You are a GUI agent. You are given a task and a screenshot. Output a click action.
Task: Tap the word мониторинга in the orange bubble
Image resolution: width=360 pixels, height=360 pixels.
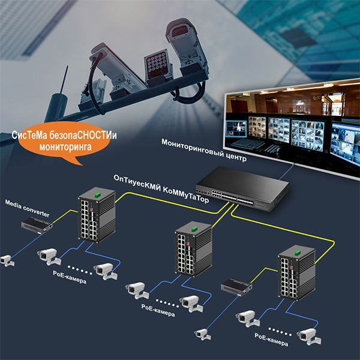(x=65, y=147)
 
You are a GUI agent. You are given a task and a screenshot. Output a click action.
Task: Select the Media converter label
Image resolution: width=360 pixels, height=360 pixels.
(x=28, y=208)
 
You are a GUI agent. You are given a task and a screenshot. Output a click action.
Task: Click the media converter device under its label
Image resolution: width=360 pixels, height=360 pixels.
(x=37, y=226)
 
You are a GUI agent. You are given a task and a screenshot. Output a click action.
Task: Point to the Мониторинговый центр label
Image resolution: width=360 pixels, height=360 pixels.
(x=204, y=150)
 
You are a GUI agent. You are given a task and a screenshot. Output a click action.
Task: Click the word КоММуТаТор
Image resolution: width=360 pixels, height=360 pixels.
(x=186, y=195)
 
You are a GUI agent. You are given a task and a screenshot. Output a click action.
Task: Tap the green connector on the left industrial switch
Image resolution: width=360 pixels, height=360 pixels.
(x=98, y=194)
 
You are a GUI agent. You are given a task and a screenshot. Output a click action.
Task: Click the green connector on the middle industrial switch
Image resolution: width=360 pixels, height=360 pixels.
(x=194, y=229)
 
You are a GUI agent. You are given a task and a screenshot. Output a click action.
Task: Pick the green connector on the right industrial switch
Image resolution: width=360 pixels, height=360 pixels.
(x=298, y=253)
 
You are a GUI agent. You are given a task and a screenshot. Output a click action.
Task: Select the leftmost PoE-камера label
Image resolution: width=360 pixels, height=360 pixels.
(x=70, y=277)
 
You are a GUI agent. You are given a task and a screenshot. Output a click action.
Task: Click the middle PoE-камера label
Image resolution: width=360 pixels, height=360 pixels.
(x=158, y=310)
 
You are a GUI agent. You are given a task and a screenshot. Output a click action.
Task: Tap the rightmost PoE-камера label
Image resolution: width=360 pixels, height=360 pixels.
(x=271, y=340)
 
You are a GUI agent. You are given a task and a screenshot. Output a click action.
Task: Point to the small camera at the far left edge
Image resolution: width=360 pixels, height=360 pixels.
(x=7, y=261)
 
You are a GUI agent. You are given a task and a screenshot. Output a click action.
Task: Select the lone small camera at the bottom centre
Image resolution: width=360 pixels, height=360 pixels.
(x=203, y=334)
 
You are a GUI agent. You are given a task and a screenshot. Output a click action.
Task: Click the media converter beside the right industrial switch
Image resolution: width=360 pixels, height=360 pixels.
(x=236, y=287)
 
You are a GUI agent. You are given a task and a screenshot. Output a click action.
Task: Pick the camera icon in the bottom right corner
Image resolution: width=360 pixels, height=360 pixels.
(x=309, y=337)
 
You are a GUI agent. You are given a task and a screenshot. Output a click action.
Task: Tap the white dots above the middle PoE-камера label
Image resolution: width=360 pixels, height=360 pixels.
(x=167, y=303)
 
